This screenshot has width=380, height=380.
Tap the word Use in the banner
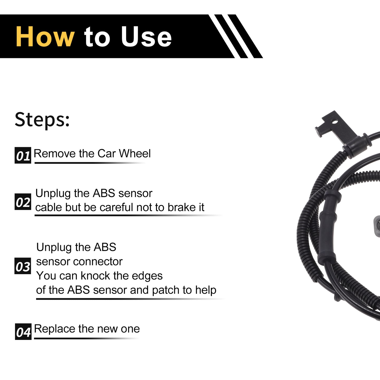click(x=146, y=37)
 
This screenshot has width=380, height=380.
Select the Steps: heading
click(x=42, y=120)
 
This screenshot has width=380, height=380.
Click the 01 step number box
click(x=23, y=155)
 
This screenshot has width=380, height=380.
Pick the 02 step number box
click(x=23, y=202)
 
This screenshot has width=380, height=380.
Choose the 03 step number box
click(x=23, y=266)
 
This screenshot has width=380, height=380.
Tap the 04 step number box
click(x=23, y=331)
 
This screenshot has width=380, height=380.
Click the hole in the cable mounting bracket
click(x=334, y=122)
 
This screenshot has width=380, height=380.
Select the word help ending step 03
click(x=206, y=290)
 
